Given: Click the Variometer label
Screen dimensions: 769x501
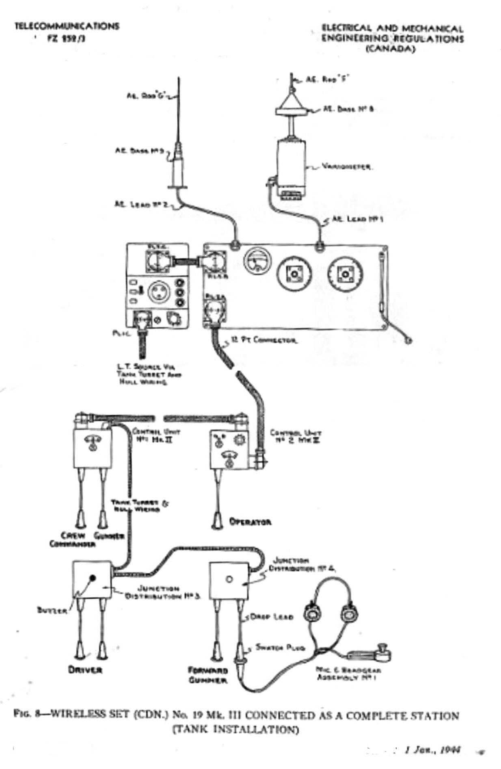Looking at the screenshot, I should [x=348, y=166].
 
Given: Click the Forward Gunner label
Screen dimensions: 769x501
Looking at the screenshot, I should [x=213, y=675].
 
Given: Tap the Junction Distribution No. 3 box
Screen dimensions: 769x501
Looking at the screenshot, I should [x=92, y=580].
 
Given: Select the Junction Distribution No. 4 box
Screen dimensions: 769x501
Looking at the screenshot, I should [x=229, y=580].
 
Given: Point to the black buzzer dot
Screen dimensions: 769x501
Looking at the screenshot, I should [x=93, y=577].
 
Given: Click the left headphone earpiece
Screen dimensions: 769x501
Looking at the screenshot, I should [x=313, y=613].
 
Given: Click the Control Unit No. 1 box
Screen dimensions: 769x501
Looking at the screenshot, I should [x=93, y=449].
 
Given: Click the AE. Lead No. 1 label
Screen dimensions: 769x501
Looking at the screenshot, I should [x=358, y=219].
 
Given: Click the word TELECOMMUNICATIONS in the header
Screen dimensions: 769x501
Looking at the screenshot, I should [x=67, y=26].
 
